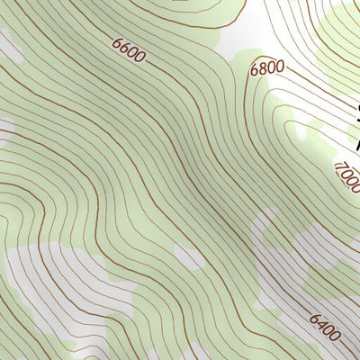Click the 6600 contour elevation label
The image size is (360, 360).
pyautogui.click(x=129, y=50)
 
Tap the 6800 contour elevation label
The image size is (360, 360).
pyautogui.click(x=266, y=67)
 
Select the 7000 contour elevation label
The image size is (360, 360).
pyautogui.click(x=347, y=177)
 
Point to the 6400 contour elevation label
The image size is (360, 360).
pyautogui.click(x=324, y=328)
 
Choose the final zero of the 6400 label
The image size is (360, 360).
pyautogui.click(x=335, y=337)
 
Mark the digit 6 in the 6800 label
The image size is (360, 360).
pyautogui.click(x=255, y=68)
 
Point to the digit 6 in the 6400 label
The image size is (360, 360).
pyautogui.click(x=313, y=318)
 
